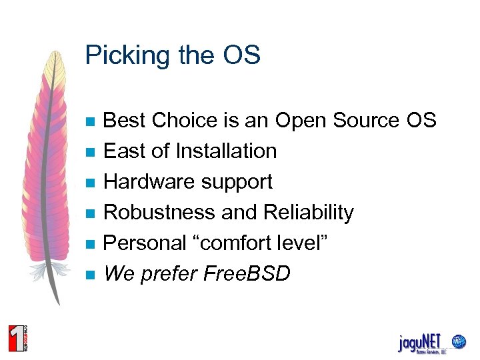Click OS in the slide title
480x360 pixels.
point(242,55)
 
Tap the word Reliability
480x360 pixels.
point(309,213)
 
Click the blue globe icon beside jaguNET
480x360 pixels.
point(459,341)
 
